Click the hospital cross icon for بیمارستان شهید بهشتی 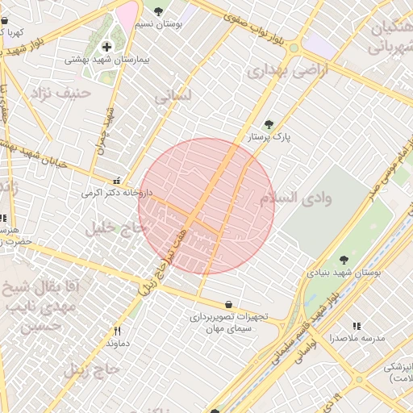click(x=106, y=47)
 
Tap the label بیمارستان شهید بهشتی click(x=106, y=60)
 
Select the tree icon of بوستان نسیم click(x=157, y=11)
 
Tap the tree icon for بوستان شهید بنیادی click(x=344, y=260)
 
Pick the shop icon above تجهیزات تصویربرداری click(x=230, y=304)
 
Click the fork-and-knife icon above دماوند click(x=117, y=331)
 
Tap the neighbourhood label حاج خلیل click(x=113, y=229)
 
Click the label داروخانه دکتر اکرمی click(x=116, y=194)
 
